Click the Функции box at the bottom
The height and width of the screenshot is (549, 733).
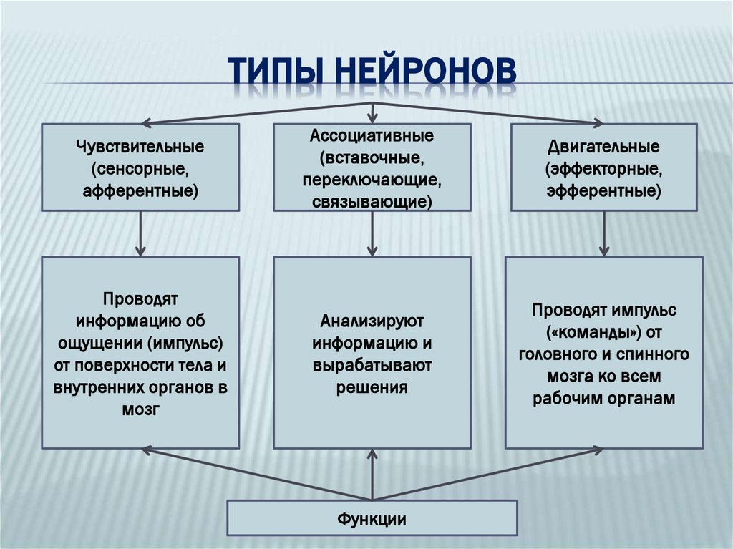coord(372,518)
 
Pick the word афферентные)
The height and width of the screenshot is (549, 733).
coord(140,192)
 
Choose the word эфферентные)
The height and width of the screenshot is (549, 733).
coord(603,192)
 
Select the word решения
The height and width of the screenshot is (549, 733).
coord(372,388)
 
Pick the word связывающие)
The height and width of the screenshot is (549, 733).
coord(372,201)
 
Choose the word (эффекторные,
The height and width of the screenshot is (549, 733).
coord(603,170)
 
